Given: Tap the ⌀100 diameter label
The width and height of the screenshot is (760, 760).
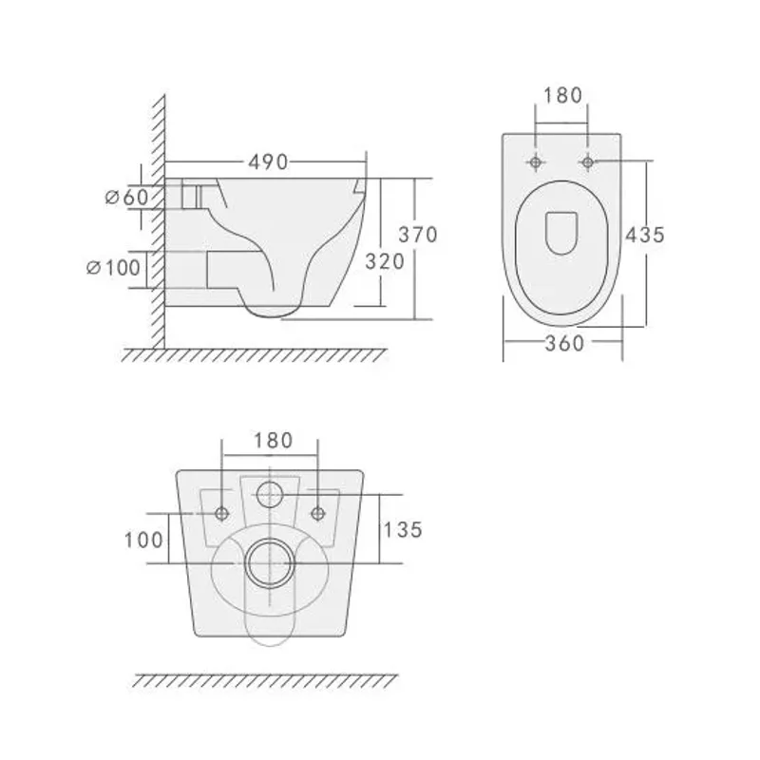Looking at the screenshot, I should pyautogui.click(x=114, y=267).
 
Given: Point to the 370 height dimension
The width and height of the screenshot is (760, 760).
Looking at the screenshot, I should pyautogui.click(x=418, y=234).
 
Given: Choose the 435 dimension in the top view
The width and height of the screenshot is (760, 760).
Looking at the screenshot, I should pyautogui.click(x=647, y=234).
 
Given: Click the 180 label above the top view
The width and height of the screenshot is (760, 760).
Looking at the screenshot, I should pyautogui.click(x=561, y=95).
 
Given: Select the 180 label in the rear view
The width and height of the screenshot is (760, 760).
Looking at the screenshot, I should pyautogui.click(x=273, y=441).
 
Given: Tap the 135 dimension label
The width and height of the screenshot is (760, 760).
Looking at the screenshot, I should pyautogui.click(x=402, y=528).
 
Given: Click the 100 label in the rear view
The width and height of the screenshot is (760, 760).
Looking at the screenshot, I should pyautogui.click(x=143, y=540).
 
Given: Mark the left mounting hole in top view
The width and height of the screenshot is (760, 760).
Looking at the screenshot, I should pyautogui.click(x=537, y=163).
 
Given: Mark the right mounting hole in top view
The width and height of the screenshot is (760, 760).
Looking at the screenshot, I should pyautogui.click(x=587, y=163).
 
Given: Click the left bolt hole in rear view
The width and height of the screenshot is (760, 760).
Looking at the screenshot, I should pyautogui.click(x=222, y=514).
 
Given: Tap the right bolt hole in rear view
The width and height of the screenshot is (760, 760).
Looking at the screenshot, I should pyautogui.click(x=319, y=514).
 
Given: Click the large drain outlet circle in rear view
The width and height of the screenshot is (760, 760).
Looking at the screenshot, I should pyautogui.click(x=271, y=562).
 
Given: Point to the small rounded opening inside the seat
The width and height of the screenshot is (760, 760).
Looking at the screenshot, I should pyautogui.click(x=561, y=231).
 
